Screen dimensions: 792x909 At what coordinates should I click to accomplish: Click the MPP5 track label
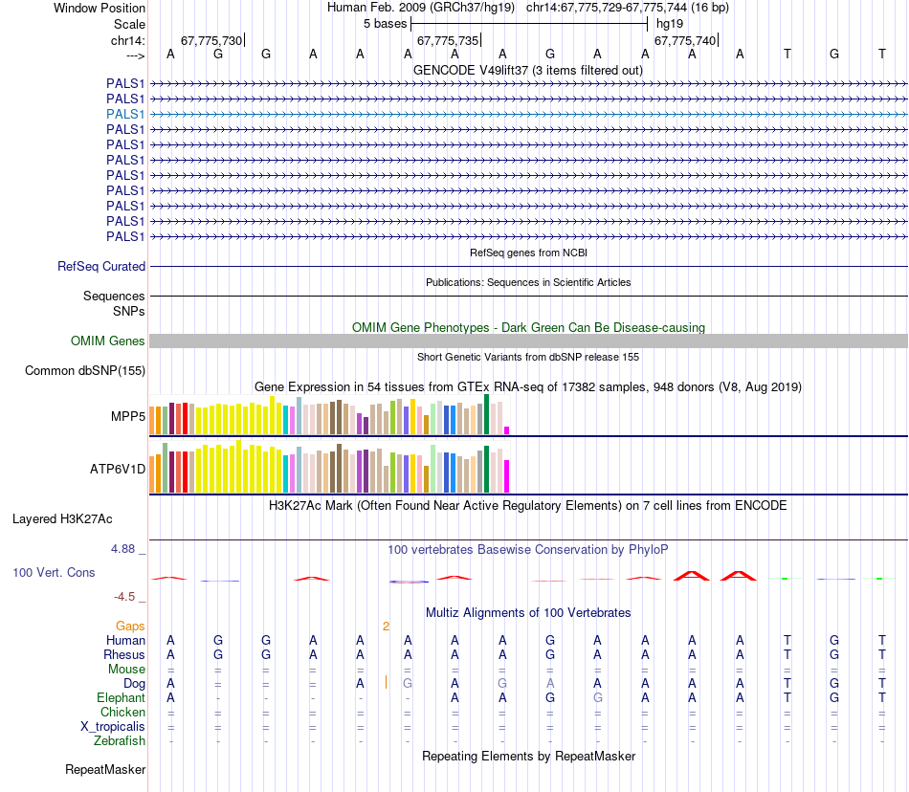[x=127, y=417]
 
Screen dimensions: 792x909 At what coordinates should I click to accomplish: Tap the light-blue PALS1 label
[x=125, y=114]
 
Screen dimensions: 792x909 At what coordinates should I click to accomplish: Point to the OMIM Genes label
[x=108, y=341]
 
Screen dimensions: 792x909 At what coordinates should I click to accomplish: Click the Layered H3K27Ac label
[x=62, y=519]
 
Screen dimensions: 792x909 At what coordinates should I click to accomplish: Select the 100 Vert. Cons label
[x=54, y=572]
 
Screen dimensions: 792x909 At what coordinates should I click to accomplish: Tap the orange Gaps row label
[x=130, y=626]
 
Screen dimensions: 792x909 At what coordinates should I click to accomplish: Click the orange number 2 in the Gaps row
[x=386, y=627]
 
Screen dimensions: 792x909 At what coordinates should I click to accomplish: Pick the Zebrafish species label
[x=120, y=740]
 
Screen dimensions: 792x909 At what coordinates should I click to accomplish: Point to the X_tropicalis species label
[x=113, y=726]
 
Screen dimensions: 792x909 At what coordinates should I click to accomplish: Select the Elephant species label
[x=120, y=698]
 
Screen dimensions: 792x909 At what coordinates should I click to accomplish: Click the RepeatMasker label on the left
[x=105, y=769]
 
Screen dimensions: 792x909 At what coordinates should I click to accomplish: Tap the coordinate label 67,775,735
[x=447, y=41]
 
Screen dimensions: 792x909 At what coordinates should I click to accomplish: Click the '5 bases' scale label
[x=385, y=24]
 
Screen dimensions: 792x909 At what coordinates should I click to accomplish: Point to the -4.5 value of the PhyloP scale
[x=126, y=597]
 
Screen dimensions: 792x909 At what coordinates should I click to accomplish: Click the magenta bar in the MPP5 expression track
[x=506, y=429]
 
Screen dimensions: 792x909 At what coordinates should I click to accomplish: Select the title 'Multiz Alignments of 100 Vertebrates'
[x=528, y=612]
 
